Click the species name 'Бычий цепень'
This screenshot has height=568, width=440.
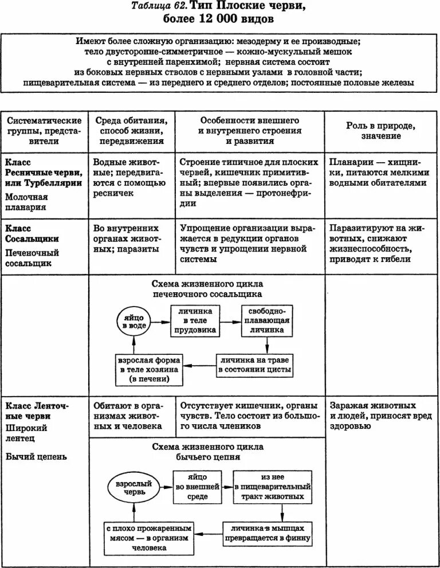(x=36, y=456)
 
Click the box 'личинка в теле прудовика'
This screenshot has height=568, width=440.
(x=196, y=320)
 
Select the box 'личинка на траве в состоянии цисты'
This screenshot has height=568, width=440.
(x=254, y=365)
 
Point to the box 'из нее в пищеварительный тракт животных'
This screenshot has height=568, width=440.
(x=273, y=487)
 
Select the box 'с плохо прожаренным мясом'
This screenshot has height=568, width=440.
(x=148, y=536)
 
